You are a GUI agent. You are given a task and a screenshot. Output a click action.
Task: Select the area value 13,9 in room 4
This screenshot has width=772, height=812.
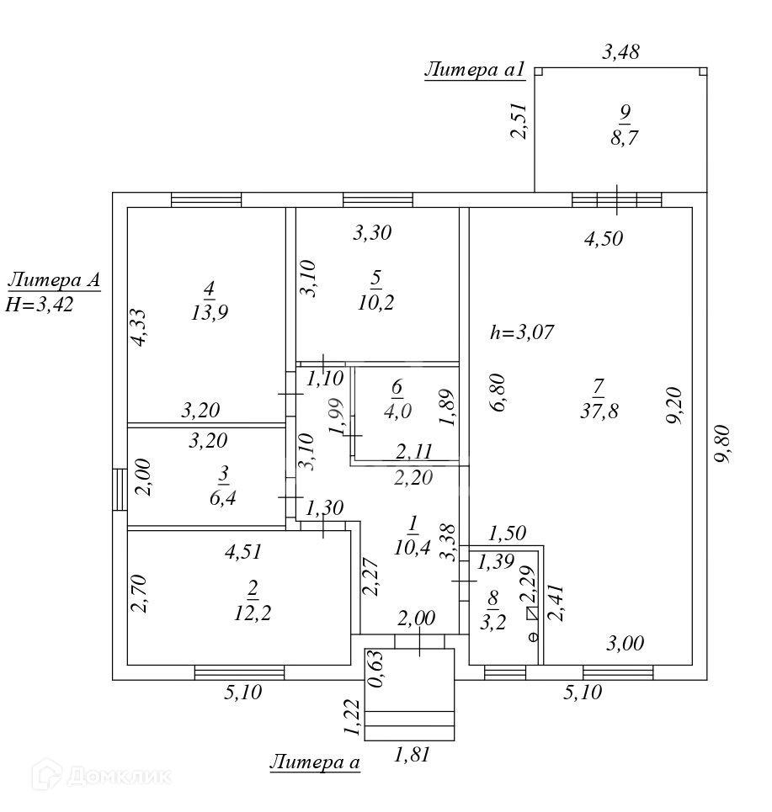click(209, 312)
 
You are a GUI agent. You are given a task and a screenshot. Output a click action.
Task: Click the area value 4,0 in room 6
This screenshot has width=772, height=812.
click(397, 411)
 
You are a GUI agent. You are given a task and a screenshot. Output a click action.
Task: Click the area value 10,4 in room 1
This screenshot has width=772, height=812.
click(413, 547)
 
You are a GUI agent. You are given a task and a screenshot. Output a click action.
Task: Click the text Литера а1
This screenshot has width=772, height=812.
click(475, 70)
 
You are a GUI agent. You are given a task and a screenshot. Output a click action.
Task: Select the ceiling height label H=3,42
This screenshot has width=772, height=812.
click(40, 305)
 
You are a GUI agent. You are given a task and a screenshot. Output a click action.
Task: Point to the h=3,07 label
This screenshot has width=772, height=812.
click(521, 332)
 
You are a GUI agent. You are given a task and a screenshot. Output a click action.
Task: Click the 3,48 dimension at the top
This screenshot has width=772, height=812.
click(621, 51)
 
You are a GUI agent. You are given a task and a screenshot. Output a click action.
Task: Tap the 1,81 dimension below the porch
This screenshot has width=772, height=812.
click(412, 755)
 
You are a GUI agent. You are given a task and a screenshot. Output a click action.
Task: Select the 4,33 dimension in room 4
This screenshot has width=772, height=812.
click(139, 326)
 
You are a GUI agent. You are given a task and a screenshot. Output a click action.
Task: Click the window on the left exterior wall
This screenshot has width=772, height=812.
click(119, 490)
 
